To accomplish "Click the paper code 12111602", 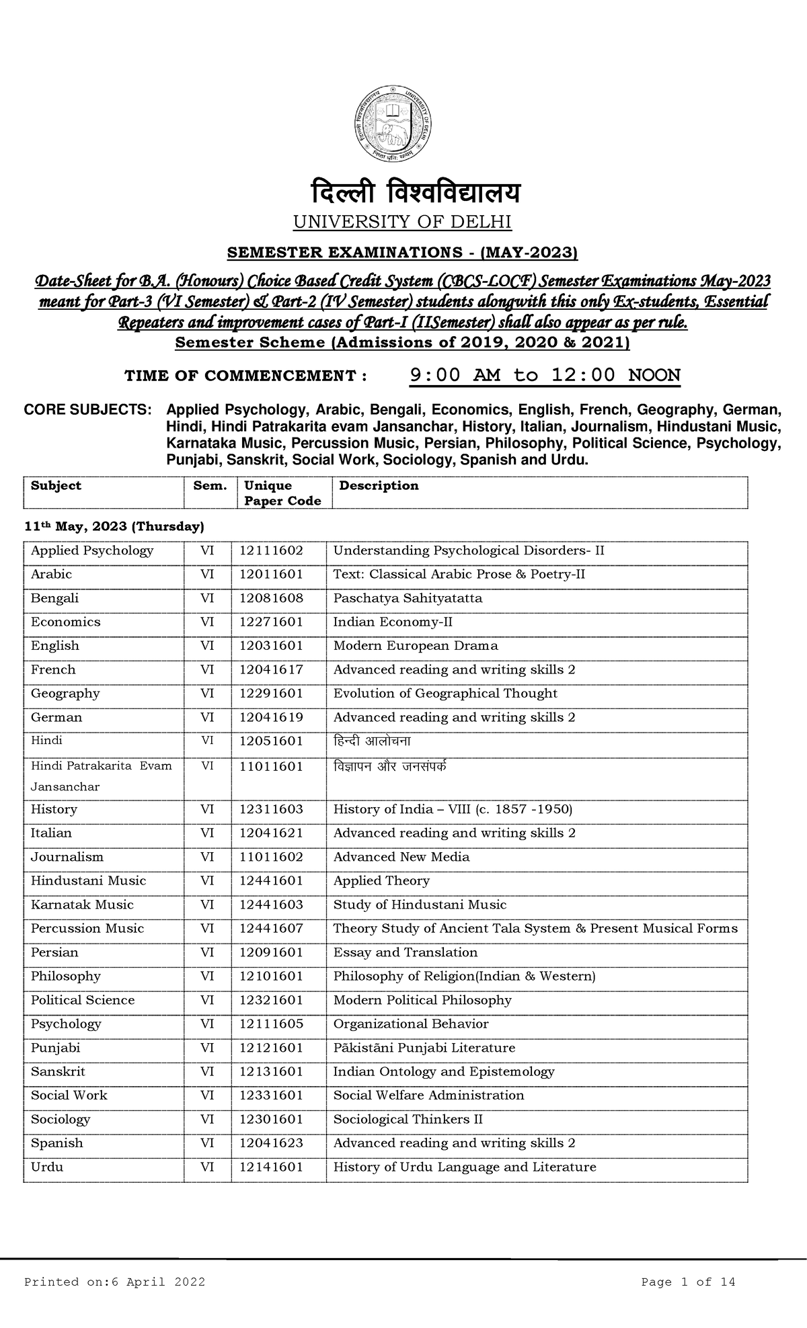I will pos(271,551).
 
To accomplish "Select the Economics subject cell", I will pos(65,622).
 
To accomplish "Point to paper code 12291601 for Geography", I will pos(271,694).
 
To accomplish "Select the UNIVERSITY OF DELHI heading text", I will pos(403,222).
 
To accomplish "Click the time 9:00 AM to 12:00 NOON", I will pos(545,375).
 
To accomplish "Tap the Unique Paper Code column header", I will pos(282,493).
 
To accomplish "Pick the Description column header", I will pos(379,486).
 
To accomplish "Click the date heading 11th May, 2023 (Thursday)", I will pos(114,526).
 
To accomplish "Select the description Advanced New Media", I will pos(401,857).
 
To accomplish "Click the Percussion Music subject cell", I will pos(87,929).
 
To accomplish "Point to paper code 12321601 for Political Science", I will pos(271,1001).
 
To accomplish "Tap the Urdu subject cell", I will pos(47,1167).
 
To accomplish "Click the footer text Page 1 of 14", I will pos(688,1282).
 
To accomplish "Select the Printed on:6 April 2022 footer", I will pos(114,1282).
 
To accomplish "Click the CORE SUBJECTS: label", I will pos(87,410).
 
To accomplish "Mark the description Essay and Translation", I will pos(406,953).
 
